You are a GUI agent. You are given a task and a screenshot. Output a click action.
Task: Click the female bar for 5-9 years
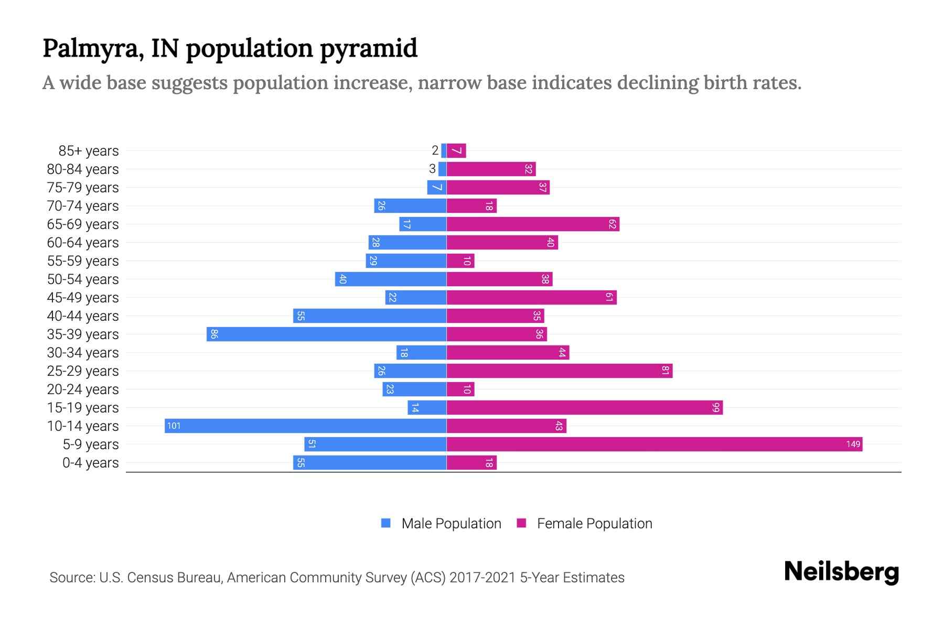coord(654,444)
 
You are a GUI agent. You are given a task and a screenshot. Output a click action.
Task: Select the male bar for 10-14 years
coord(305,426)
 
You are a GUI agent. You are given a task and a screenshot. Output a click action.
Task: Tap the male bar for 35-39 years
coord(326,334)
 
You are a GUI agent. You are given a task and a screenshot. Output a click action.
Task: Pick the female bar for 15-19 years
coord(584,408)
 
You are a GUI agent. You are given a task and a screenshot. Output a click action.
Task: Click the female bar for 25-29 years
coord(559,371)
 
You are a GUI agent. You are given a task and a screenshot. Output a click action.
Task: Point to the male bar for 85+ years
coord(444,151)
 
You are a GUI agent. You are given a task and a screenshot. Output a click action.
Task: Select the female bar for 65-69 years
coord(533,224)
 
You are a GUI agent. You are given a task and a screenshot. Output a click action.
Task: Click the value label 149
coord(853,444)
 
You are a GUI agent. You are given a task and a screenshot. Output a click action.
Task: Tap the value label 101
coord(174,426)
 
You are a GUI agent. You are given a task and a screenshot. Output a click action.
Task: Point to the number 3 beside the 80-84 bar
coord(432,169)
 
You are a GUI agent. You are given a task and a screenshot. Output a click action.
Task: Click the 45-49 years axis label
coord(83,298)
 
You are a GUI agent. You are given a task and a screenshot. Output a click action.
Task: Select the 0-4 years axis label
coord(90,463)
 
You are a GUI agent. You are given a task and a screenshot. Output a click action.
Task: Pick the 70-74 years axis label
coord(83,206)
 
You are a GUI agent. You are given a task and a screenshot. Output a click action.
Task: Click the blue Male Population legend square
coord(386,523)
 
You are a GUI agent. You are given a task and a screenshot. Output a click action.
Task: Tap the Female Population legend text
coord(594,524)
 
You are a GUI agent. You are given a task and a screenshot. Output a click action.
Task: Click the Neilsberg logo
coord(841,572)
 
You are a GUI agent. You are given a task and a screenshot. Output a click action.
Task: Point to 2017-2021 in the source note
coord(482,578)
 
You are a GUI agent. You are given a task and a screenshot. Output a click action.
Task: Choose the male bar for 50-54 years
coord(391,279)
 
